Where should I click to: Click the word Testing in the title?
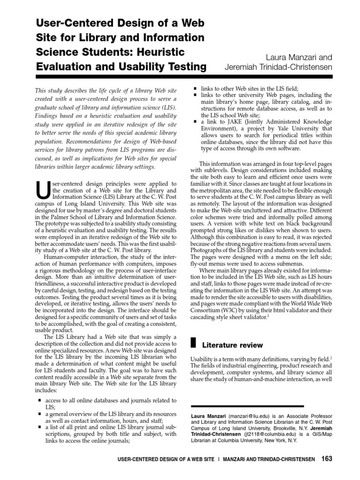click(x=183, y=67)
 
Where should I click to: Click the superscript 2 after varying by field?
click(x=331, y=357)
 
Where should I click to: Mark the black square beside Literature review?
click(x=193, y=344)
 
